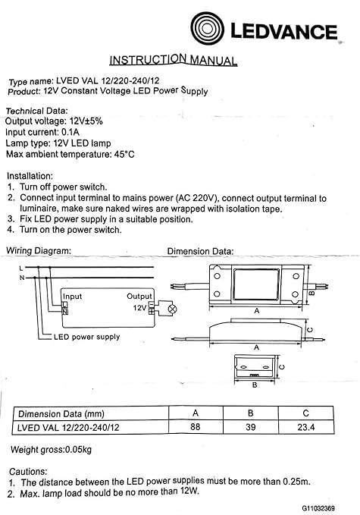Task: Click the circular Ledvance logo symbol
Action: (209, 30)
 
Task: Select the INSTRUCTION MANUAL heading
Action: (174, 60)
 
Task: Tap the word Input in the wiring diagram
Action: (72, 296)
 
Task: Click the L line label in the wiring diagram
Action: (21, 268)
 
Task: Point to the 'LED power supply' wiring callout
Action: (86, 336)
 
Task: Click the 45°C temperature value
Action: (121, 154)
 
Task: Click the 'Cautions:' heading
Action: (28, 471)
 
